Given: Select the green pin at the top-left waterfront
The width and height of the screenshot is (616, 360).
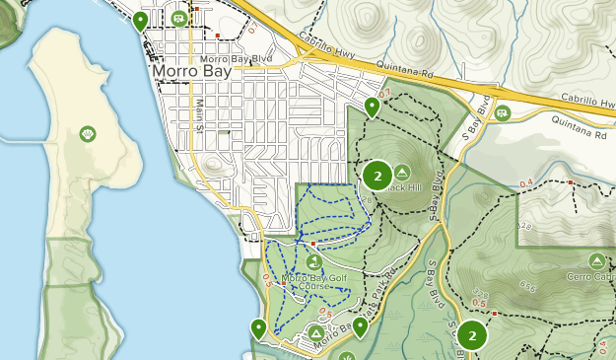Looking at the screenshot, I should click(x=141, y=21).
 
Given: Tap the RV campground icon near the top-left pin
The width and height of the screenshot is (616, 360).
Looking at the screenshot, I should click(x=179, y=18).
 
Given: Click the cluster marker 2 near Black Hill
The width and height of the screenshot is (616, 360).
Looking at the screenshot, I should click(x=376, y=176).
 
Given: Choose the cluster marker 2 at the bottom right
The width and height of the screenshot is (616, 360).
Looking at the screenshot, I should click(x=472, y=335).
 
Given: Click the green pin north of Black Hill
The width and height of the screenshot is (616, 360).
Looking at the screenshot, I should click(x=372, y=106).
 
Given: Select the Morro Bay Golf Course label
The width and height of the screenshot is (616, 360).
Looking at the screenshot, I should click(x=317, y=283).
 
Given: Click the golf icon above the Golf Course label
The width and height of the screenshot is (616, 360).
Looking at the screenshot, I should click(x=313, y=261).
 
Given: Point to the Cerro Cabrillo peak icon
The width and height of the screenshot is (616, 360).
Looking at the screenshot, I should click(x=596, y=260).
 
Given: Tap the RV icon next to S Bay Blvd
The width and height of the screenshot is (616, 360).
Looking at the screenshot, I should click(x=503, y=112).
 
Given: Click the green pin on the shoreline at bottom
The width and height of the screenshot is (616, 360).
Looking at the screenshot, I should click(x=259, y=328).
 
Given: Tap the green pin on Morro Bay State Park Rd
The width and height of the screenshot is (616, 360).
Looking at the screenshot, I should click(x=361, y=326).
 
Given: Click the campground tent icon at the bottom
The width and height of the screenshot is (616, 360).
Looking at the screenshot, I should click(x=315, y=334).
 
